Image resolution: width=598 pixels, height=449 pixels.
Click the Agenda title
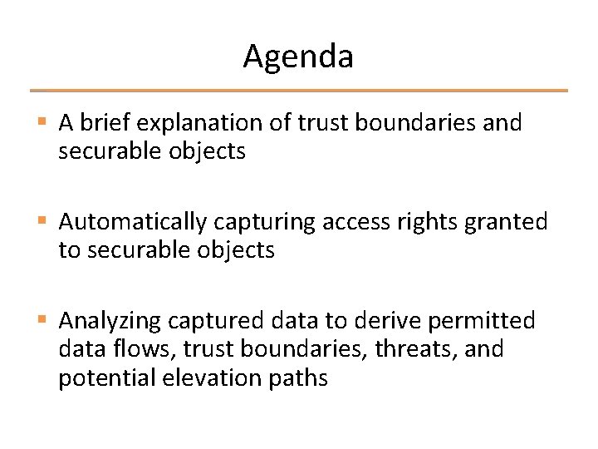click(298, 57)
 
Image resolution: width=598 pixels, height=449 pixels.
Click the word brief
click(106, 123)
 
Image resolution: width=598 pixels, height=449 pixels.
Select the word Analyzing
click(111, 320)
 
